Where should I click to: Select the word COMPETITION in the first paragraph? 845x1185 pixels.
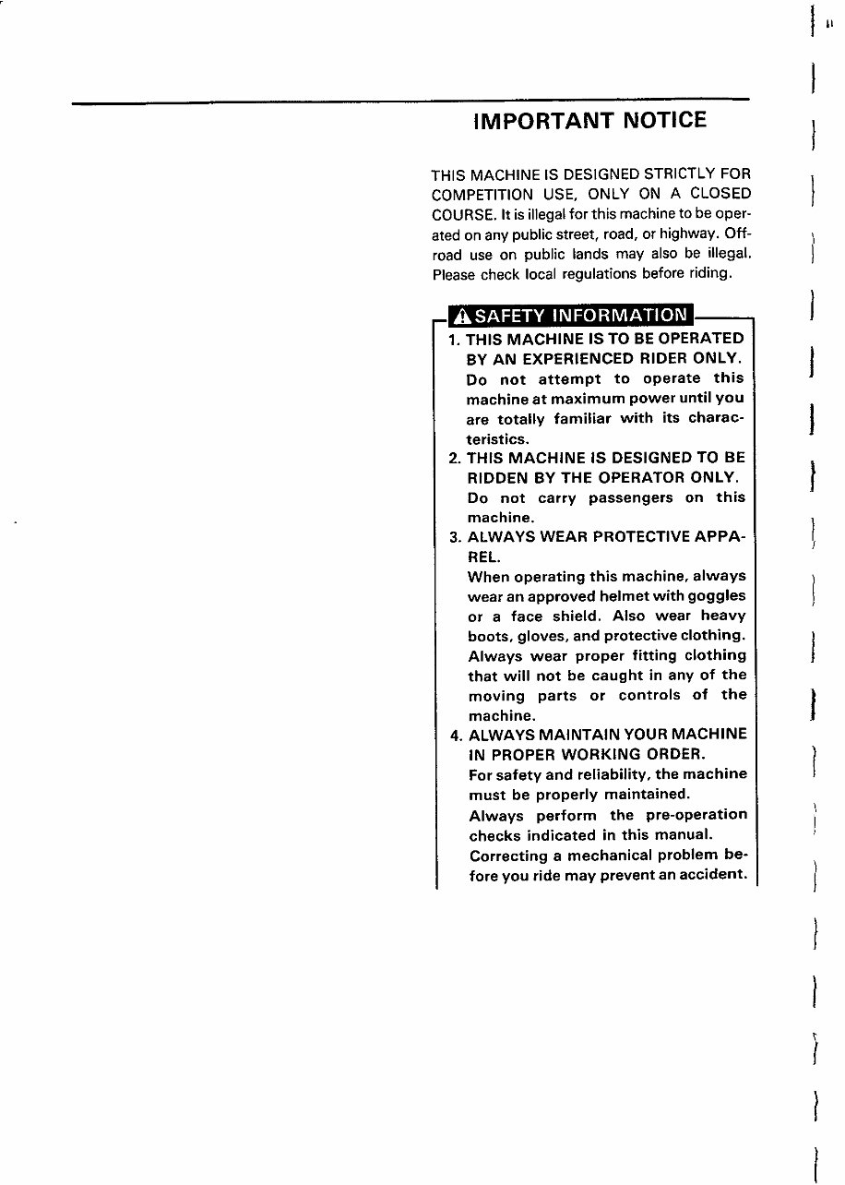tap(482, 195)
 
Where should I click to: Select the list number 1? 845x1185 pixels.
tap(453, 339)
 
